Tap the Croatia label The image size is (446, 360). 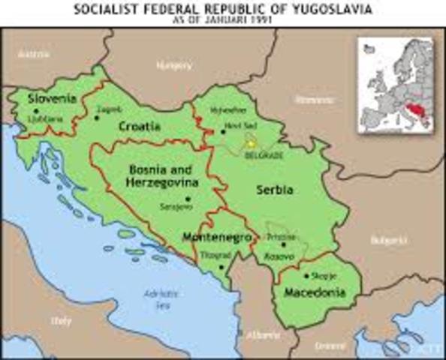140,127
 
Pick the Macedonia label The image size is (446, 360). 315,292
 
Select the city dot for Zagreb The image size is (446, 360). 96,118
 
